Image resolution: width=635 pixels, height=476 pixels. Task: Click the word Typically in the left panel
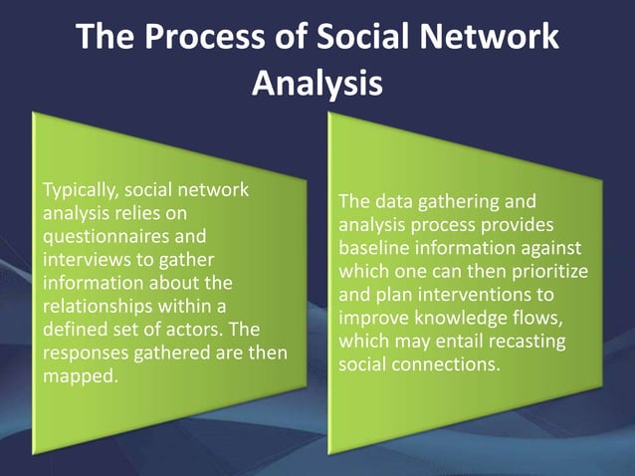point(73,190)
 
